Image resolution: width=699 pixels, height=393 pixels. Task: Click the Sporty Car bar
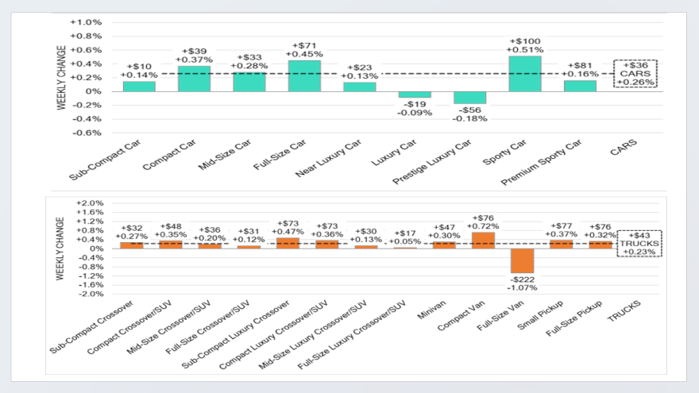[x=525, y=73]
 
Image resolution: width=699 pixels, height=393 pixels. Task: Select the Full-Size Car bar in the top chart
[x=304, y=75]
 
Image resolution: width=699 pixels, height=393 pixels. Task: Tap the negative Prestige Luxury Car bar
[x=469, y=97]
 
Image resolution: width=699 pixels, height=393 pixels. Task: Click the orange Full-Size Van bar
[x=522, y=260]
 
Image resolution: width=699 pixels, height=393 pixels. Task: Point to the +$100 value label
[x=525, y=40]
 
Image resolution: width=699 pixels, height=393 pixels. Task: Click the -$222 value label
[x=522, y=280]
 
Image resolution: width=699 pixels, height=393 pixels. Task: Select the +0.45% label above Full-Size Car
[x=304, y=55]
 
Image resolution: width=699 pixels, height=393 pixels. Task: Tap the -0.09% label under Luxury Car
[x=415, y=112]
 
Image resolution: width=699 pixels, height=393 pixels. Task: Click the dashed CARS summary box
[x=635, y=73]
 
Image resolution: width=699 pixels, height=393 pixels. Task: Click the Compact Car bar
[x=194, y=79]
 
